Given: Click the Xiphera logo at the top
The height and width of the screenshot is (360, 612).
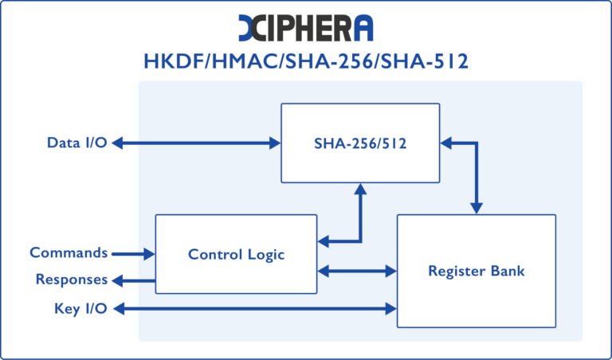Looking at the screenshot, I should pyautogui.click(x=305, y=27).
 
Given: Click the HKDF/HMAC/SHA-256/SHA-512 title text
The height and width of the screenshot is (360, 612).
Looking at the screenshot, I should pyautogui.click(x=305, y=61).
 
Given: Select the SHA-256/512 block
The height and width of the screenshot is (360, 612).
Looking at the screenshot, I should pyautogui.click(x=359, y=143).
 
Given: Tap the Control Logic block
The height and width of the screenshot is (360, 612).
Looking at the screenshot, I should pyautogui.click(x=236, y=254).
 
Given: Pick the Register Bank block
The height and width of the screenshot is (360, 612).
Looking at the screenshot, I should pyautogui.click(x=476, y=271).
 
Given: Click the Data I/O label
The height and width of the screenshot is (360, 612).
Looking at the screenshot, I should pyautogui.click(x=76, y=143).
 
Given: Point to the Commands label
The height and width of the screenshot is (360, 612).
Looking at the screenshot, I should pyautogui.click(x=69, y=253).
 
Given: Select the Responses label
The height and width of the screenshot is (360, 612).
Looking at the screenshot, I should pyautogui.click(x=71, y=280).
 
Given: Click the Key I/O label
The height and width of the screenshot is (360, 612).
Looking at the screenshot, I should pyautogui.click(x=80, y=308).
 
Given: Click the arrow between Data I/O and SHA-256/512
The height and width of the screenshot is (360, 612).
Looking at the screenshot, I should pyautogui.click(x=195, y=143).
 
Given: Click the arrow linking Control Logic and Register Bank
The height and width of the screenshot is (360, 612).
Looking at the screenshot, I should pyautogui.click(x=357, y=271).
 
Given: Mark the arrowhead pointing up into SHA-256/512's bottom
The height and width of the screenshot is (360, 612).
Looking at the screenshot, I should pyautogui.click(x=360, y=190).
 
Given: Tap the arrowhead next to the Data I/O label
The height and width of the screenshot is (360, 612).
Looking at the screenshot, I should pyautogui.click(x=117, y=143).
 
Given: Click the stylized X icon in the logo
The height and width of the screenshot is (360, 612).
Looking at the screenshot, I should pyautogui.click(x=253, y=27).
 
